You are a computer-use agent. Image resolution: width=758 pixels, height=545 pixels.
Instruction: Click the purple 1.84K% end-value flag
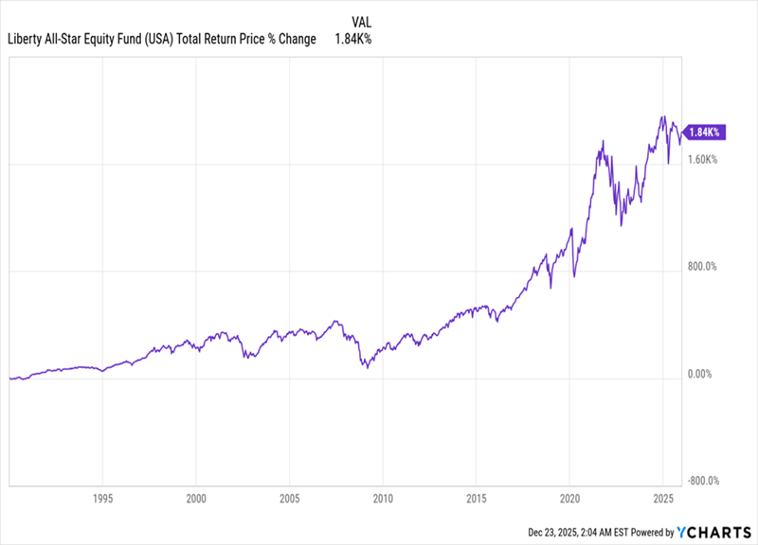(705, 132)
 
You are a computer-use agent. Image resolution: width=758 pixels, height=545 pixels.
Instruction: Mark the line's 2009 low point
(366, 366)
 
